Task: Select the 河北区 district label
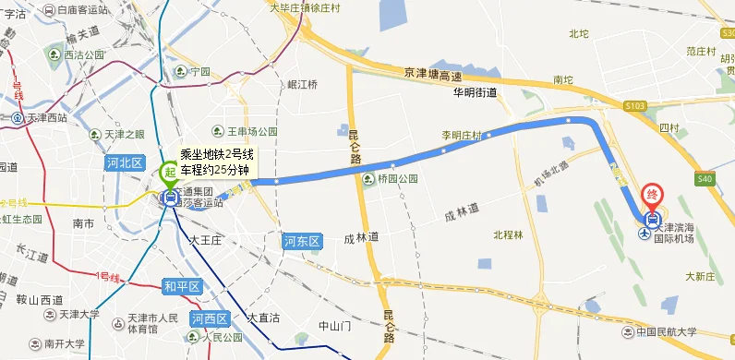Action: pos(124,162)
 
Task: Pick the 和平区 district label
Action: pos(181,286)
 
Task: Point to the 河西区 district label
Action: pos(209,319)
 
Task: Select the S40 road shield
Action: pos(705,179)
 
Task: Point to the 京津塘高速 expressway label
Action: pos(432,74)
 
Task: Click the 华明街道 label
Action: pos(475,93)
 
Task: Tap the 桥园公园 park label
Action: pos(395,179)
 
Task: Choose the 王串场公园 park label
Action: pos(252,132)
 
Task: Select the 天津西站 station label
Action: pos(46,118)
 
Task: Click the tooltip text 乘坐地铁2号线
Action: pos(216,155)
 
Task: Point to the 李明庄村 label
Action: pos(462,136)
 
